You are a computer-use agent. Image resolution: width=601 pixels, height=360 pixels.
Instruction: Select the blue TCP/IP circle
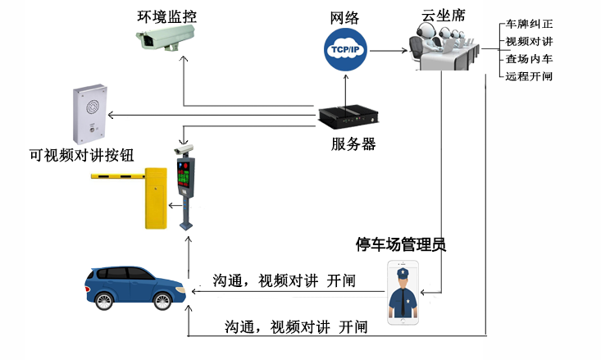tap(345, 50)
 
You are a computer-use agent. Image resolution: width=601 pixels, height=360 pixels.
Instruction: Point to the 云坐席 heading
tap(437, 14)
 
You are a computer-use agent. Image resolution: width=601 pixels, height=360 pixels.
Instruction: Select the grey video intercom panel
tap(91, 115)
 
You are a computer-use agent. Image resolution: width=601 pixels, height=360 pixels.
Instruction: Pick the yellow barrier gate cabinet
tap(156, 198)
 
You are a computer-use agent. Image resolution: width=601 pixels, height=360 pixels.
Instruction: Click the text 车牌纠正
tap(530, 24)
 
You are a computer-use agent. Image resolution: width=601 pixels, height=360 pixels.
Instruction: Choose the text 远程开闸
tap(530, 76)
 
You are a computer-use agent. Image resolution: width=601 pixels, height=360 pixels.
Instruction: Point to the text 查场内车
tap(530, 59)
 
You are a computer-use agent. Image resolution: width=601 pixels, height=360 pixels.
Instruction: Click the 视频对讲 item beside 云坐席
tap(530, 41)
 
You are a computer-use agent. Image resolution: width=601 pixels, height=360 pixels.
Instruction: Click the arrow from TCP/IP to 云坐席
tap(389, 50)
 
